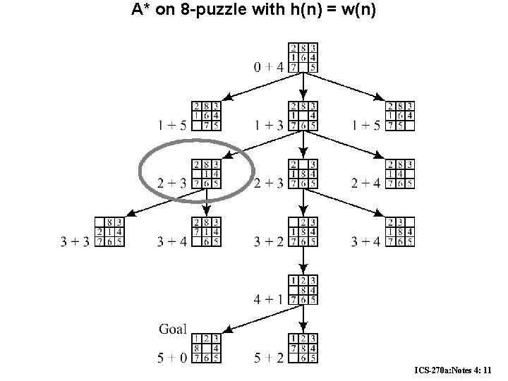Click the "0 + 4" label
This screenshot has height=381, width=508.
click(x=268, y=68)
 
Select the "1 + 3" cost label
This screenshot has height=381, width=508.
click(x=268, y=126)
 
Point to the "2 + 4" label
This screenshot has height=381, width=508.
click(x=365, y=183)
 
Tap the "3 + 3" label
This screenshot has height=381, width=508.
click(x=76, y=242)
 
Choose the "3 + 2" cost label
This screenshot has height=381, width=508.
click(x=268, y=242)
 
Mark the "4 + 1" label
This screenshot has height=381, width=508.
click(x=268, y=300)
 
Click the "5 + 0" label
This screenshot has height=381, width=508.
click(x=173, y=358)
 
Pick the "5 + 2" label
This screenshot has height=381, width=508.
click(x=268, y=358)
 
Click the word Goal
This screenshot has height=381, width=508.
click(x=173, y=328)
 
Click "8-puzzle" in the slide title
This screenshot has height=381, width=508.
click(x=207, y=11)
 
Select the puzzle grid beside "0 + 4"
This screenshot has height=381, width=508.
click(x=303, y=56)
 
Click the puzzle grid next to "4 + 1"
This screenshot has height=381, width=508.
click(x=303, y=289)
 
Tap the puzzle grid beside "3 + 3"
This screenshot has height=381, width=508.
click(x=111, y=231)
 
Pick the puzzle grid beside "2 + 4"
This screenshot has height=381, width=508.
click(x=400, y=173)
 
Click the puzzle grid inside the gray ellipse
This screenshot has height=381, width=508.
click(x=207, y=173)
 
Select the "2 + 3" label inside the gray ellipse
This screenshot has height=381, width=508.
click(x=172, y=184)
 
